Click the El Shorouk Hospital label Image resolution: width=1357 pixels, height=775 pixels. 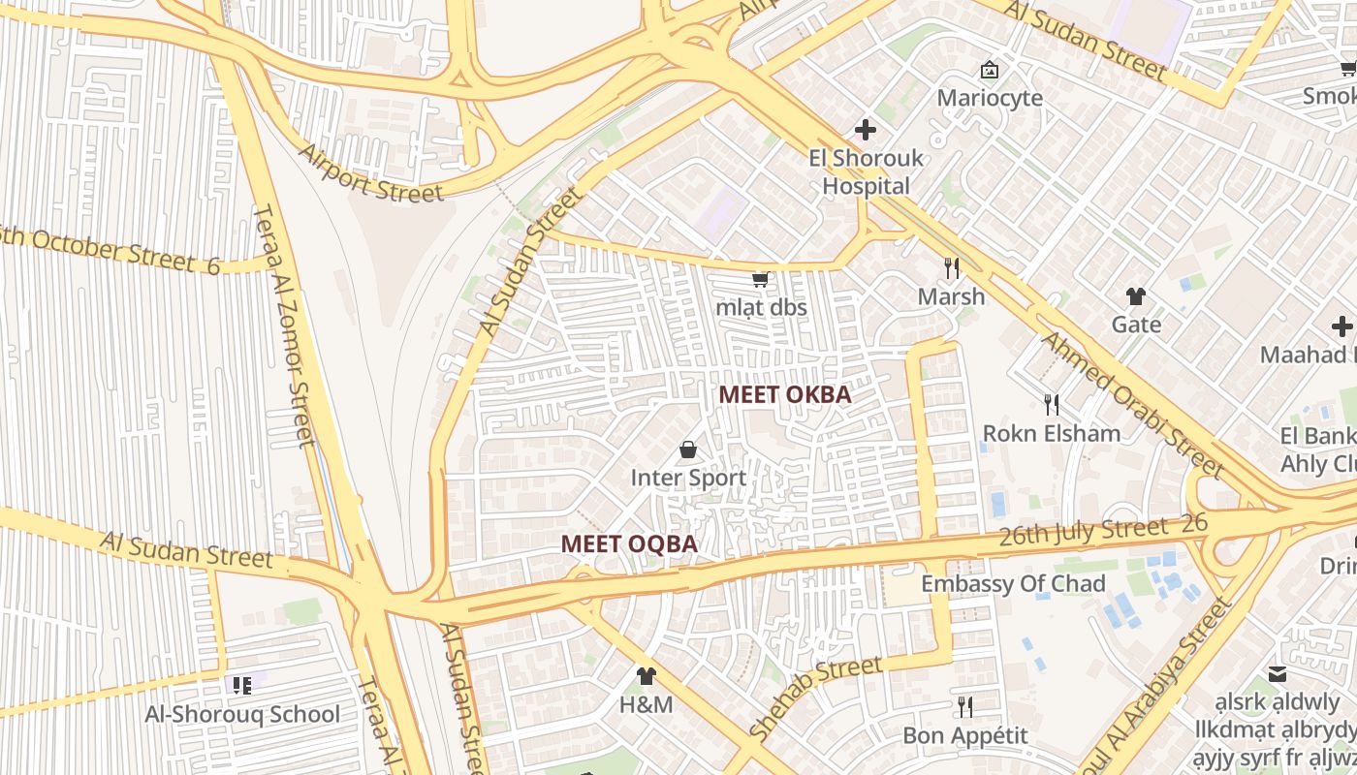tap(866, 172)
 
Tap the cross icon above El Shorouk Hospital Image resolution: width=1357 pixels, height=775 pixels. tap(866, 129)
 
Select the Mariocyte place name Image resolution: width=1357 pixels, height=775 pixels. tap(990, 98)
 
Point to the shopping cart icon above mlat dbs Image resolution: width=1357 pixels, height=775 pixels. tap(761, 279)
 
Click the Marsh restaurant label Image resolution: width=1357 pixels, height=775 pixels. tap(951, 296)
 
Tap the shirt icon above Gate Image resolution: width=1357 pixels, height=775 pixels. tap(1136, 295)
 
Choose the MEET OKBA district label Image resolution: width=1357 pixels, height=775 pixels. tap(785, 394)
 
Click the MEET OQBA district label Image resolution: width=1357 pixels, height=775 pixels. tap(629, 543)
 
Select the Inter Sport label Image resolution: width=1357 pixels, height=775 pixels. tap(688, 478)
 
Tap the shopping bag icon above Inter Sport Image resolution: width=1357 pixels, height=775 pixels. tap(688, 449)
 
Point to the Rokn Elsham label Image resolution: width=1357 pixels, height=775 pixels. tap(1052, 433)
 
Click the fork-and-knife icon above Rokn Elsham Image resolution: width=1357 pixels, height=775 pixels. tap(1051, 403)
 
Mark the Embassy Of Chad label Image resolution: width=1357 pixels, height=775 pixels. tap(1013, 583)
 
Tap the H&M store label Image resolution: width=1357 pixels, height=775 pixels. tap(646, 704)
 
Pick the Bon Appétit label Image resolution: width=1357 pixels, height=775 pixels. tap(964, 735)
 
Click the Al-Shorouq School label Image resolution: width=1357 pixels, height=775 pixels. tap(242, 714)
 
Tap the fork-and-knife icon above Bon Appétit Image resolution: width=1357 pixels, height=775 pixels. tap(964, 706)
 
